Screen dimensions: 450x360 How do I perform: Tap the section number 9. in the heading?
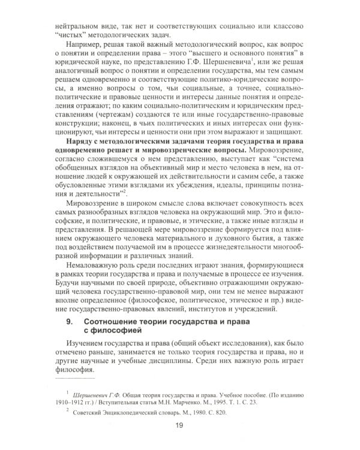coord(68,323)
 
